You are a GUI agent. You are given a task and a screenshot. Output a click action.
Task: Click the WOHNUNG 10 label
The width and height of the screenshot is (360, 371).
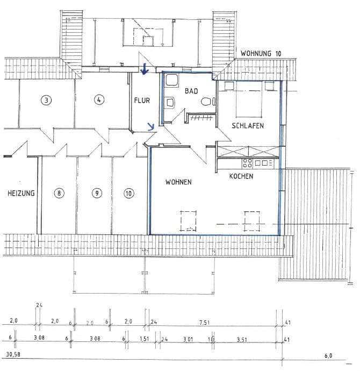click(261, 54)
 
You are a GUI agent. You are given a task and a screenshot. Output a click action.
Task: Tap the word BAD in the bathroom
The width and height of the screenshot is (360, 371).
click(191, 91)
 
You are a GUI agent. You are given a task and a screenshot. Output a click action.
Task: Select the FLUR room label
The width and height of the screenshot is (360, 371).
click(142, 100)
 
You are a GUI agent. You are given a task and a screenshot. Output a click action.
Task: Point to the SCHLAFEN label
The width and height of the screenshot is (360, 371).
click(248, 125)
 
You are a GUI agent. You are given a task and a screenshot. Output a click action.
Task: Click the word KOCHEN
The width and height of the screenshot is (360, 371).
click(241, 176)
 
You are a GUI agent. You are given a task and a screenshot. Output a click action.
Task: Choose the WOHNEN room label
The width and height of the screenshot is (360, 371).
click(178, 182)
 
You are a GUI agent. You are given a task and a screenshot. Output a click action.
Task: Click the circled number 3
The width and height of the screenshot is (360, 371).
click(47, 99)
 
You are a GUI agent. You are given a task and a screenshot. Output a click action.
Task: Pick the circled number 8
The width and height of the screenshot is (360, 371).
click(59, 193)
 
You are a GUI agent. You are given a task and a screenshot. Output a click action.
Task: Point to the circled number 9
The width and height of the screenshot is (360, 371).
click(96, 193)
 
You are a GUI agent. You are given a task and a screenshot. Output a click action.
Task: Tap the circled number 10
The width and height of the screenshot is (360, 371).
click(128, 193)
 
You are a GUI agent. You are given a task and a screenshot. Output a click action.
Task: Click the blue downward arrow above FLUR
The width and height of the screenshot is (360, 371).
click(144, 70)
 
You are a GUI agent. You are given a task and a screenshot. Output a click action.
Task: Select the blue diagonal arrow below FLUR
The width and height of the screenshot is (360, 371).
click(151, 127)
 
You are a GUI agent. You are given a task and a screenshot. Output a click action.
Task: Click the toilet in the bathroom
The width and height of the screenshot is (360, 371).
click(206, 101)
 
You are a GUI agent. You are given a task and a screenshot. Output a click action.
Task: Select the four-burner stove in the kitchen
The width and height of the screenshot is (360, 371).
click(248, 162)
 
